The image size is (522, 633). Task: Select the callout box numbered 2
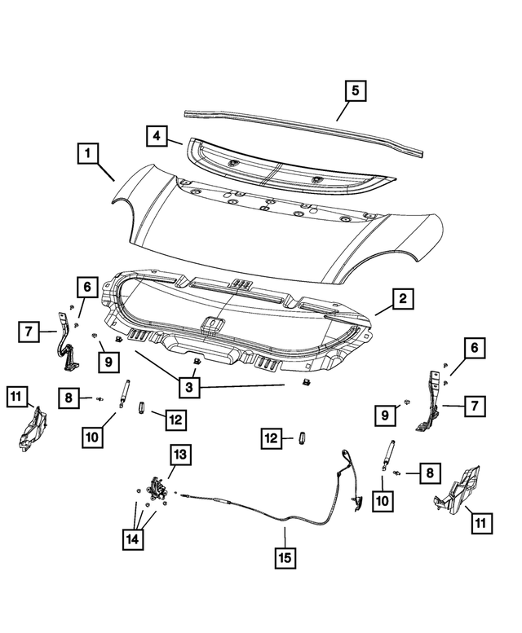click(x=400, y=301)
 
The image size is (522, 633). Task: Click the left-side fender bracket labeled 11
click(x=33, y=429)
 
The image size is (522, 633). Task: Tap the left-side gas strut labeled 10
click(x=125, y=394)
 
